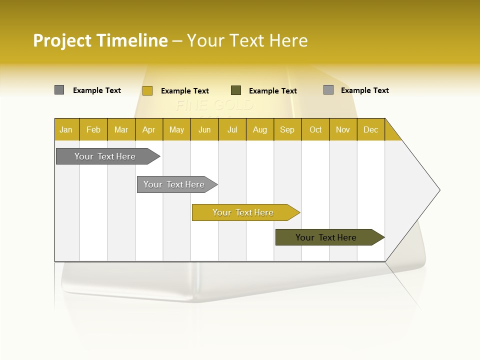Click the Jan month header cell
(66, 129)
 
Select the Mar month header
(121, 129)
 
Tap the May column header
(176, 129)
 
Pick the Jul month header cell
(232, 129)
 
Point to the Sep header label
(287, 129)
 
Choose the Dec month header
(370, 129)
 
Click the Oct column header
(315, 129)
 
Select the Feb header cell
(93, 129)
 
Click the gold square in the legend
(147, 90)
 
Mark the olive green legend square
(236, 90)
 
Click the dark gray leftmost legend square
(59, 90)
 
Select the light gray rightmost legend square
(328, 90)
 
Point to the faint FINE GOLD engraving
(214, 105)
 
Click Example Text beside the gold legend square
(184, 91)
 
